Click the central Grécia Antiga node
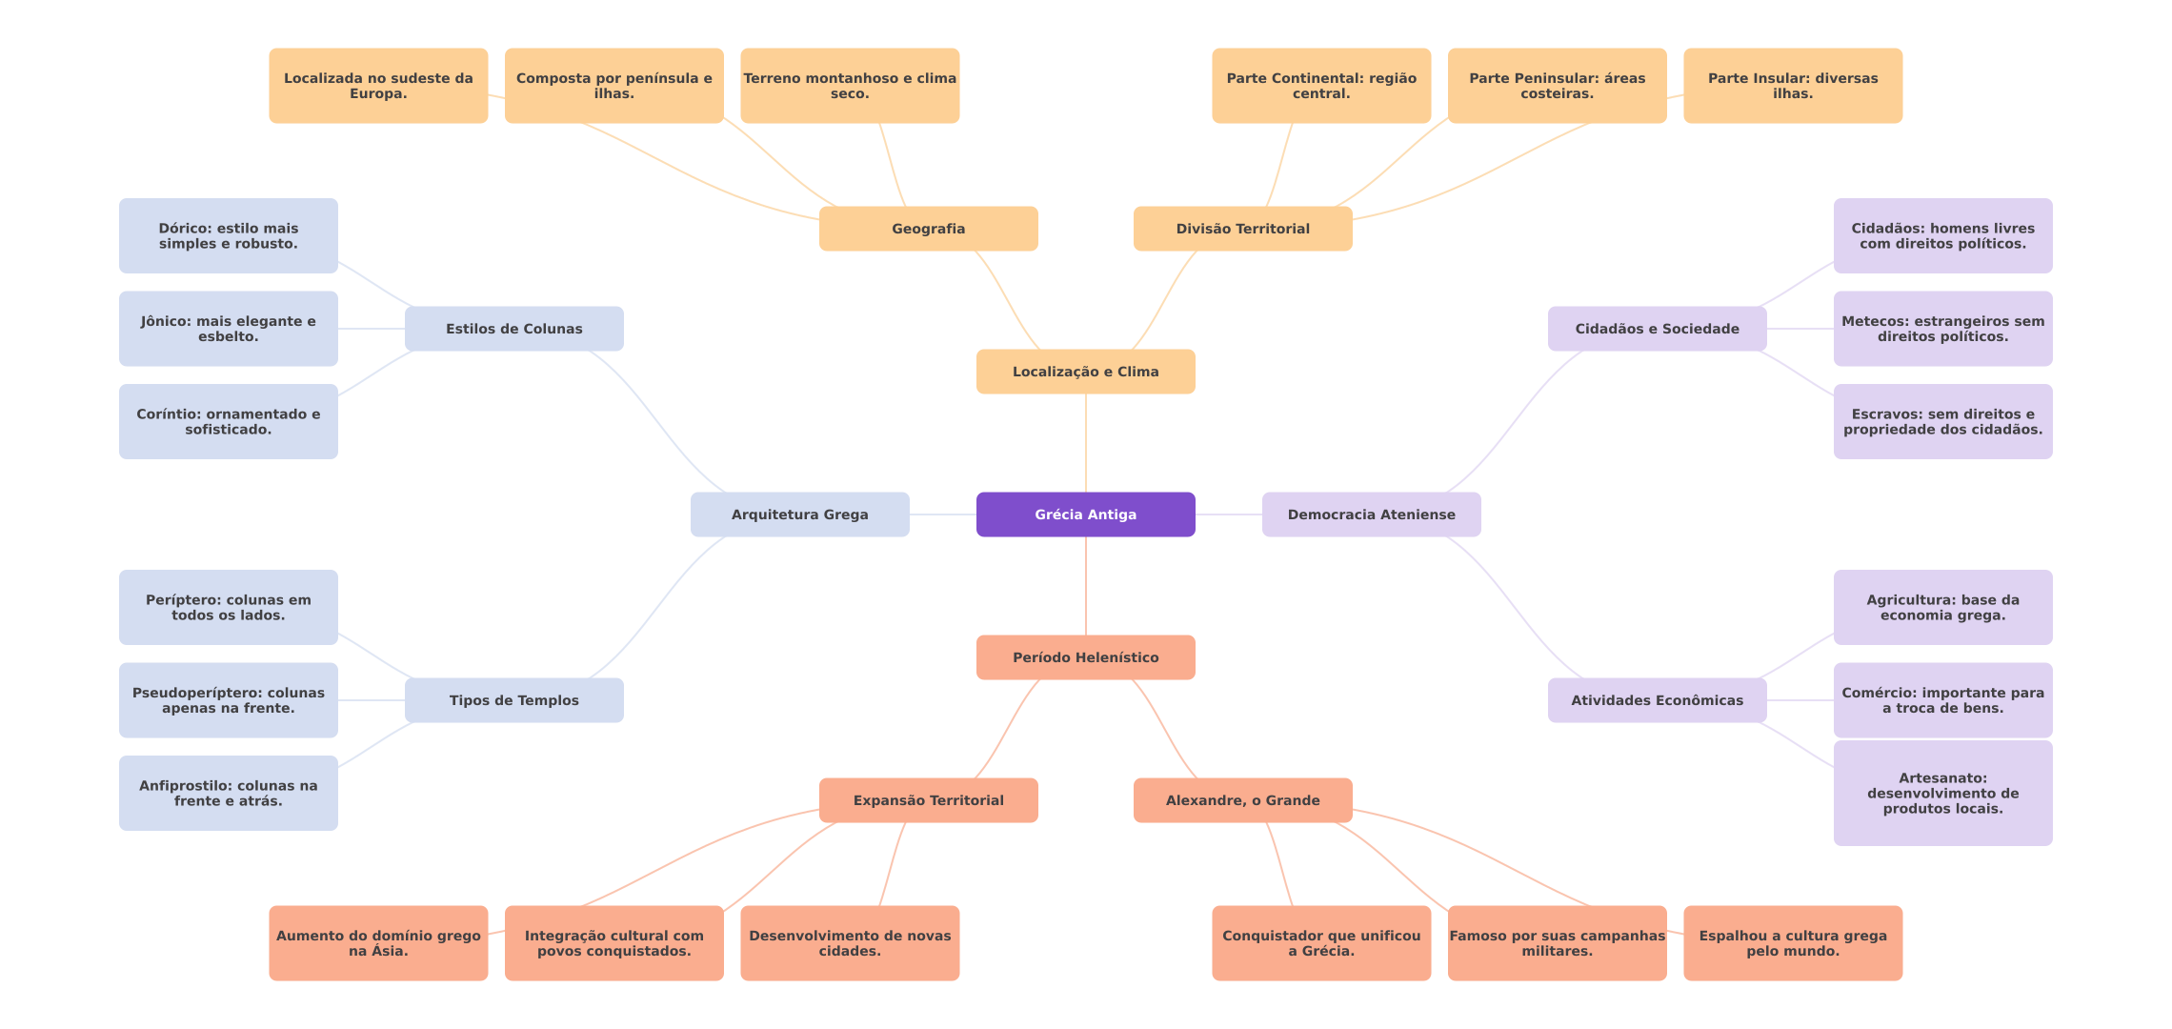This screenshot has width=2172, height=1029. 1086,514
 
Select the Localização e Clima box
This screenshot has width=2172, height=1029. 1086,372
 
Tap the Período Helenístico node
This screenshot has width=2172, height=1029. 1086,657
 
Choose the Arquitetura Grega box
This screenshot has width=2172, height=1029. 800,514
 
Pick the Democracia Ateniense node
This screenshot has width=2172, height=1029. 1372,514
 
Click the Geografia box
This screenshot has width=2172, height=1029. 929,229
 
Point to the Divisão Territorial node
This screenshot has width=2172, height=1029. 1243,229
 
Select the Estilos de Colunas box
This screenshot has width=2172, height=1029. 514,329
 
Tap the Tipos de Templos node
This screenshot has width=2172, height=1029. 514,700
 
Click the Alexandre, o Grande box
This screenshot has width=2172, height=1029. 1243,800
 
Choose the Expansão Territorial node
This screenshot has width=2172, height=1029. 929,800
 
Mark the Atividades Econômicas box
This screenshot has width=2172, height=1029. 1658,700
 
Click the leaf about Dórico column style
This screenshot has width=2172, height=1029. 229,236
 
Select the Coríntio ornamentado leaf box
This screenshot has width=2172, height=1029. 229,422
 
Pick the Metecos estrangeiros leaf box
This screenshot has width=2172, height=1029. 1943,329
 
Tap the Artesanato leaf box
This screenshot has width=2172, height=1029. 1943,794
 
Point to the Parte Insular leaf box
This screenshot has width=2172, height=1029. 1793,86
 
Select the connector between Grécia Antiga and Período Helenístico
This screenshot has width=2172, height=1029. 1086,586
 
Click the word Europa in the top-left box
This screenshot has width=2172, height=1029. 377,94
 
